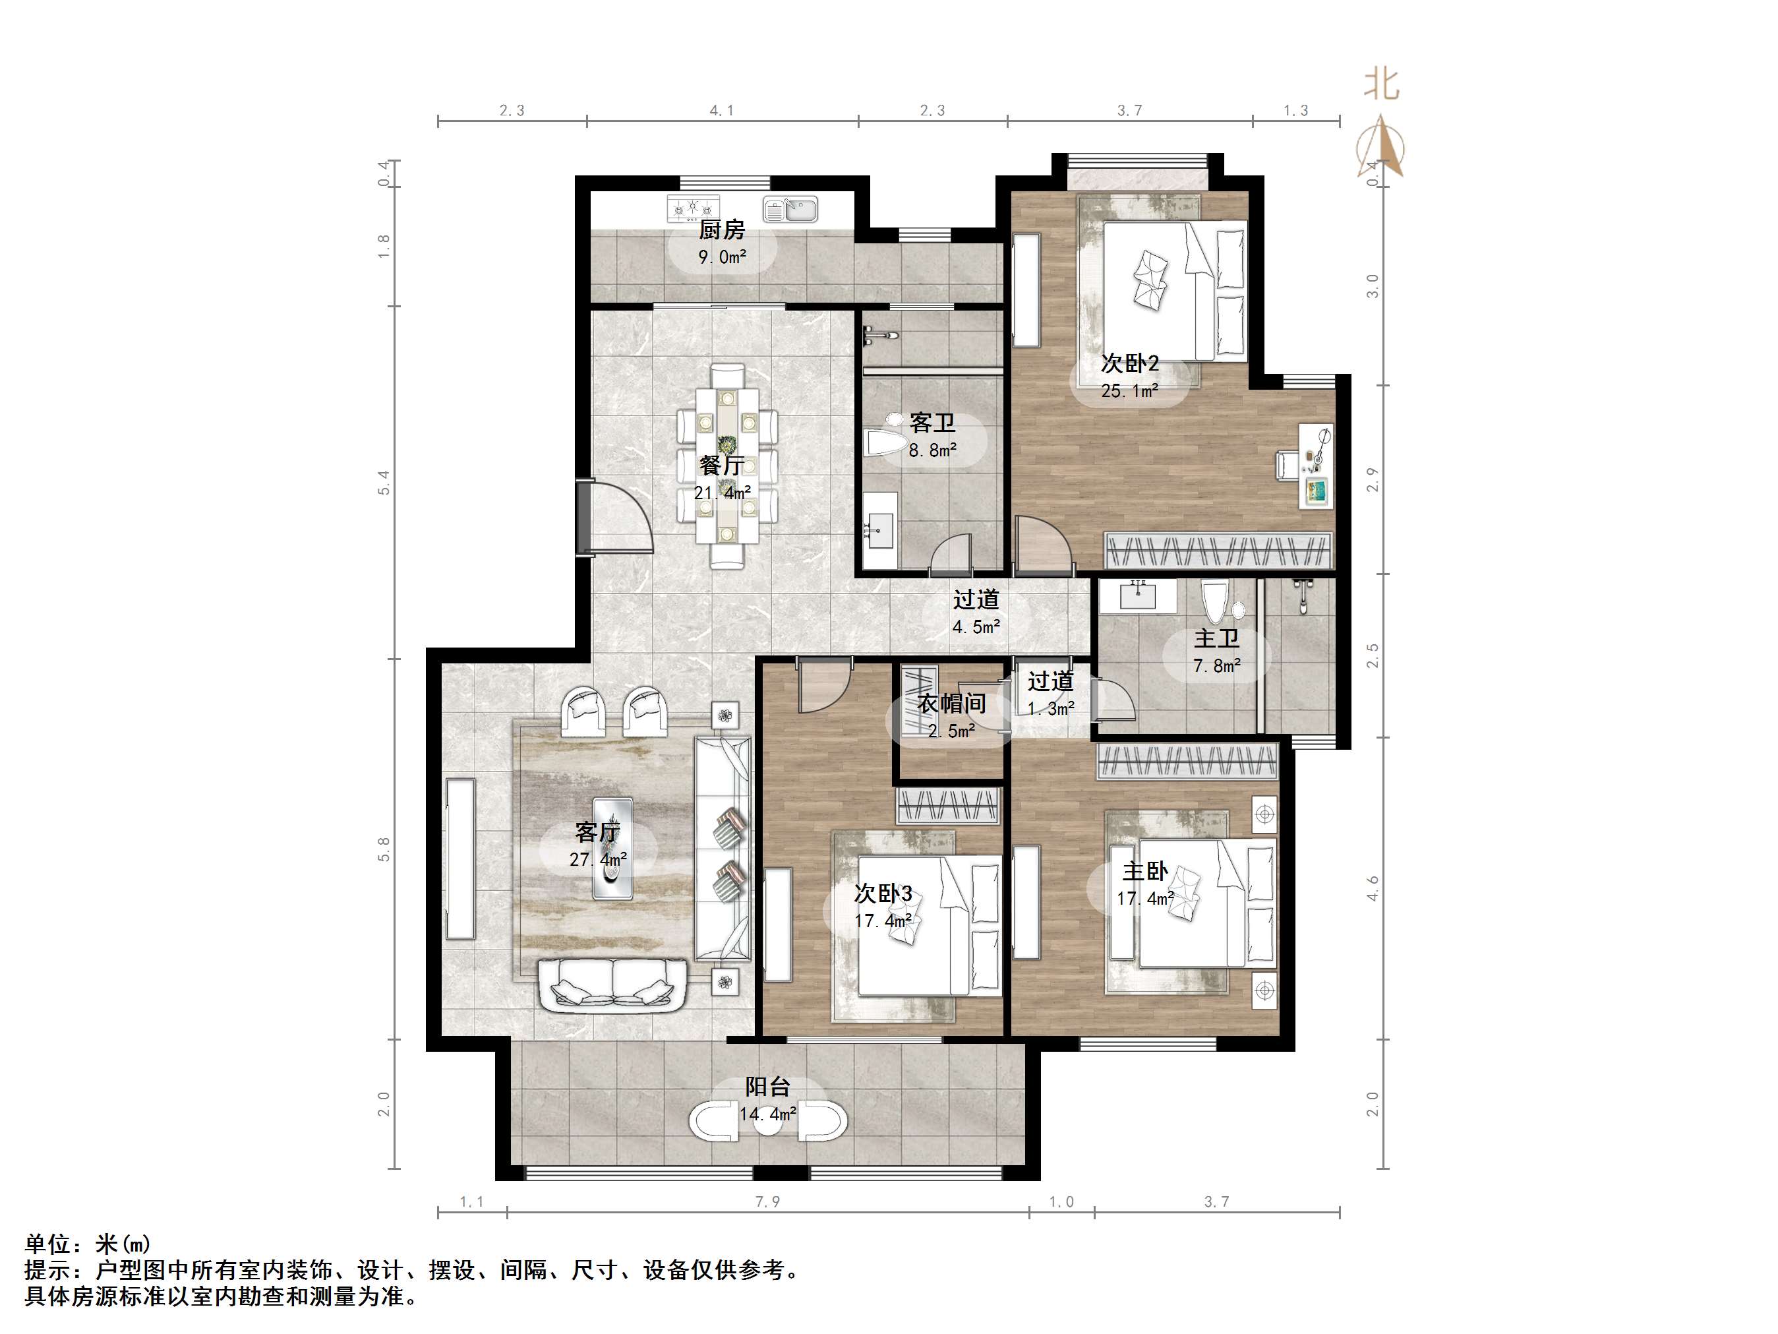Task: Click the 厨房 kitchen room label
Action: point(722,230)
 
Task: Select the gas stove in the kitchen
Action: point(693,209)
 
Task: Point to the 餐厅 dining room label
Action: point(722,465)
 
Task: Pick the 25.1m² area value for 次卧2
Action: point(1129,391)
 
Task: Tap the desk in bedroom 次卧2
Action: point(1317,466)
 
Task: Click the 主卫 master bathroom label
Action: point(1216,638)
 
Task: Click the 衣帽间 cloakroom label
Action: point(952,704)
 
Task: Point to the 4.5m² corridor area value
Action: point(976,626)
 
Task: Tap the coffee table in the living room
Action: point(612,848)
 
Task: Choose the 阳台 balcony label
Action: point(767,1086)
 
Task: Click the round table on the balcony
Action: point(767,1121)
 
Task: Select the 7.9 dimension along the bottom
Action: point(767,1201)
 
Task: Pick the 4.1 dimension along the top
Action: point(722,110)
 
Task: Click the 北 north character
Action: point(1382,84)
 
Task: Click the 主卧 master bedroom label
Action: point(1144,871)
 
